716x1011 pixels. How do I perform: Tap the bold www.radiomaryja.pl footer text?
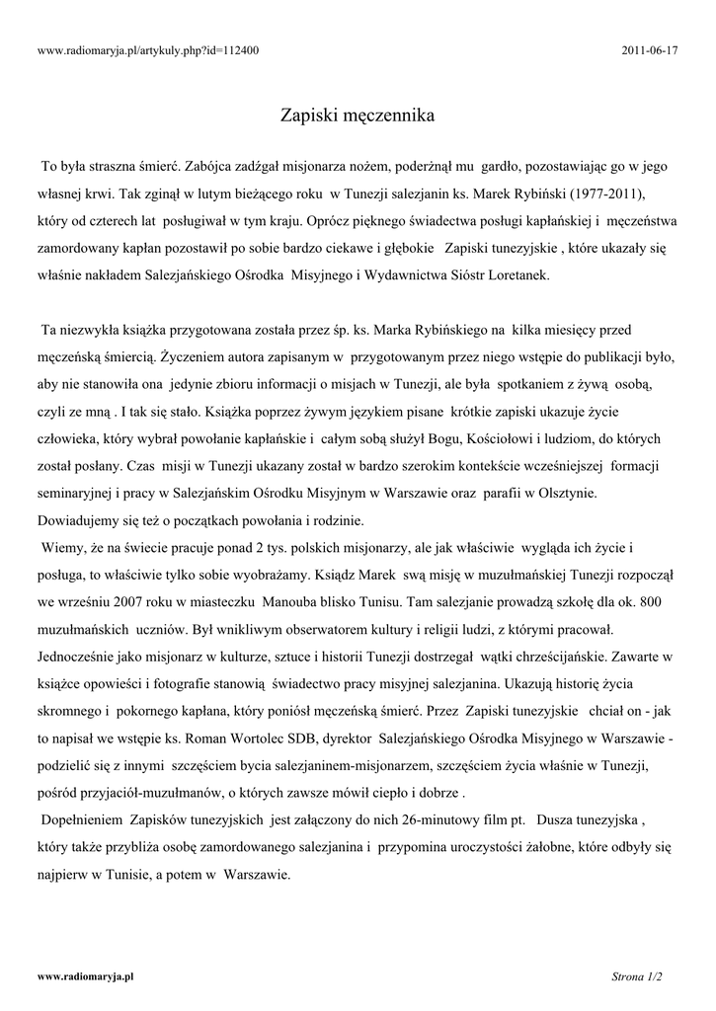click(85, 975)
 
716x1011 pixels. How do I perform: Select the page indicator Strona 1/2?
click(637, 976)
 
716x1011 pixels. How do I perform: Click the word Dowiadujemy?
click(86, 519)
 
